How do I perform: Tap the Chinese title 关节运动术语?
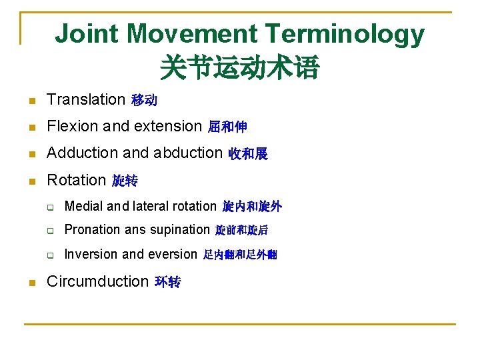point(239,67)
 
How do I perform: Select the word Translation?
point(86,100)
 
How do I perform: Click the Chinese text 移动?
point(145,101)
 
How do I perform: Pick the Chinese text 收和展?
point(248,154)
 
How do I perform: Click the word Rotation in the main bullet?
point(77,180)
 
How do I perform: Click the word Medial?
point(83,207)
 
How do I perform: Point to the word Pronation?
point(91,230)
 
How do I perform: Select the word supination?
point(180,230)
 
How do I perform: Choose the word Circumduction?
point(97,281)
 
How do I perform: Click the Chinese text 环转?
point(167,282)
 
